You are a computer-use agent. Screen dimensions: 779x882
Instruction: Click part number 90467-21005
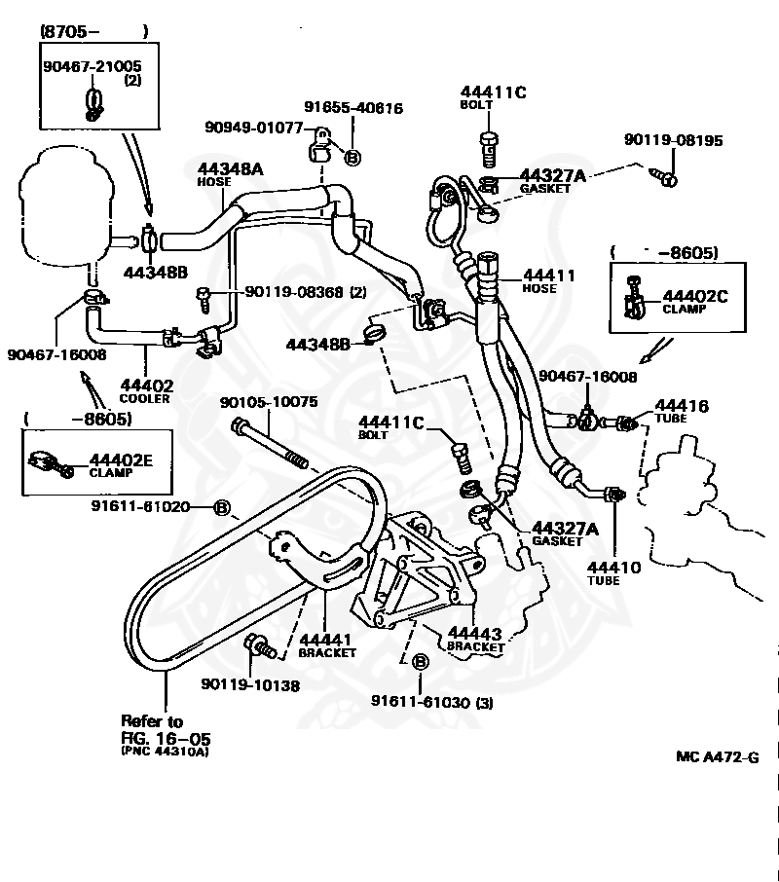[93, 66]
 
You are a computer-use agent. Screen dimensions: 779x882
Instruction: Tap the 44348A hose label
[230, 174]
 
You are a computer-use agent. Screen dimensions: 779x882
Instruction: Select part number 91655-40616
[353, 107]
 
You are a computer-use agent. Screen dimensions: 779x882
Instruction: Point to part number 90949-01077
[254, 128]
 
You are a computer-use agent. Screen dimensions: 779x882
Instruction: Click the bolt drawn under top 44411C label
[489, 149]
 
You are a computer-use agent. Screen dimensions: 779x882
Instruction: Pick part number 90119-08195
[673, 140]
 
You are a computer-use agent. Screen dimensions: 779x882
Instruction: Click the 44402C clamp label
[695, 302]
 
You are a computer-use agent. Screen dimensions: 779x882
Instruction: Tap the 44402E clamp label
[121, 465]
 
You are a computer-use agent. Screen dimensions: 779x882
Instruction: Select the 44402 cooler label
[146, 391]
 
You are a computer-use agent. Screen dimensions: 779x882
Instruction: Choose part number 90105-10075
[269, 402]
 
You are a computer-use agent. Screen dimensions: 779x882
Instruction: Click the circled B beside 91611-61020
[223, 508]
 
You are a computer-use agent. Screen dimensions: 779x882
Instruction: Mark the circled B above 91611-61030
[420, 662]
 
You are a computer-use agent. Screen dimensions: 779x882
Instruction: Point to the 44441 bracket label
[327, 645]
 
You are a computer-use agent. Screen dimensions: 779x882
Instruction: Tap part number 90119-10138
[250, 685]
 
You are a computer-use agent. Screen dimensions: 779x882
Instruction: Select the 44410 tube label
[613, 573]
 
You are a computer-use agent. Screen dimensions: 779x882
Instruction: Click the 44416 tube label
[681, 411]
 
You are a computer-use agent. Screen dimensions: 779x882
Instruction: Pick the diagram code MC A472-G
[717, 757]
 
